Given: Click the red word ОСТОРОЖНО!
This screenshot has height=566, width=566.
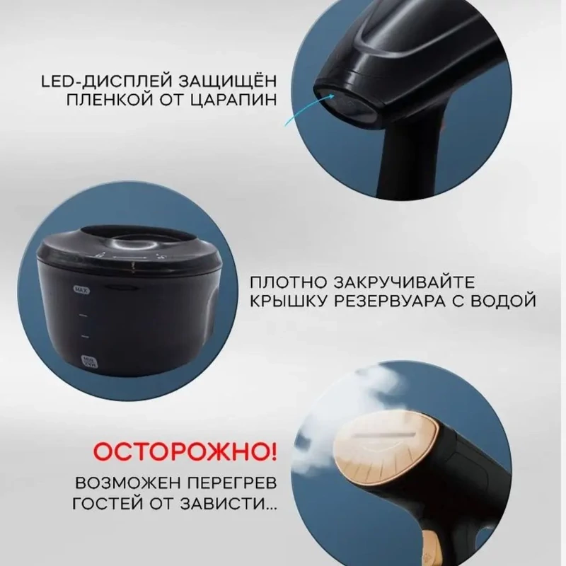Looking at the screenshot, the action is tap(186, 451).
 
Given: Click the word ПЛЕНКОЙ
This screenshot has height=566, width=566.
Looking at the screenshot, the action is tap(110, 98).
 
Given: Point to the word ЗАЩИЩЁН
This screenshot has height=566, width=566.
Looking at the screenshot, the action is tap(226, 80).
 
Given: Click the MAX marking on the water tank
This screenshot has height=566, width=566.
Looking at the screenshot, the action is tap(81, 289).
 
